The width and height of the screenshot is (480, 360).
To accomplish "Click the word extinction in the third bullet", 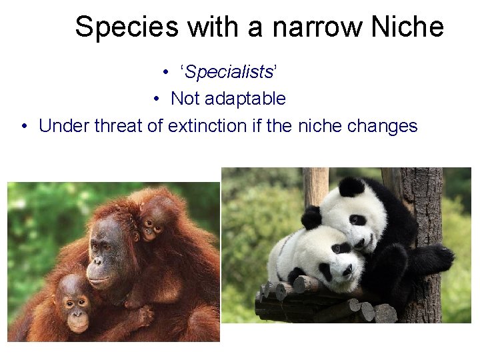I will (207, 125).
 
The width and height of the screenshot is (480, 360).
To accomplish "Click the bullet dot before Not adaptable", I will (155, 99).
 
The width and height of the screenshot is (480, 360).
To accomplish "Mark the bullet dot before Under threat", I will (24, 126).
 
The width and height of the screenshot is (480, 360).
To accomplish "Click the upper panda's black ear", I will (351, 187).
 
